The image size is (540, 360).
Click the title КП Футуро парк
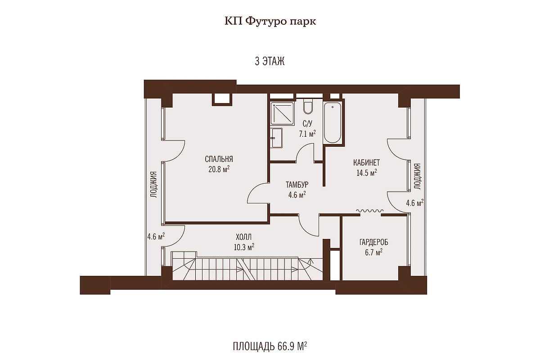270,22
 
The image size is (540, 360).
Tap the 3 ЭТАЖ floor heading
270,61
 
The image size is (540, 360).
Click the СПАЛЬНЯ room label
219,159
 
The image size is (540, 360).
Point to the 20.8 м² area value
219,169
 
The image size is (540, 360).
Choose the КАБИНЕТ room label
366,162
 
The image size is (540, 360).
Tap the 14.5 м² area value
367,173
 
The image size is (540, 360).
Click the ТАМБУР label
297,184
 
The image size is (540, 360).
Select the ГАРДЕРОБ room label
374,242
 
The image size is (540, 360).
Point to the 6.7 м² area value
373,252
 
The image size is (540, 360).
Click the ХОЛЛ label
244,237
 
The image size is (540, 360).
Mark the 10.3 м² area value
244,247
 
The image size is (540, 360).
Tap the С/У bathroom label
307,124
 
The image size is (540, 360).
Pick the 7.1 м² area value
307,134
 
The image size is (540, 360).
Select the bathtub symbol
333,122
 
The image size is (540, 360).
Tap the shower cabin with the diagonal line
282,113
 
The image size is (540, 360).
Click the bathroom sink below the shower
276,138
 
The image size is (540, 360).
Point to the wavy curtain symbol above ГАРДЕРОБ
369,211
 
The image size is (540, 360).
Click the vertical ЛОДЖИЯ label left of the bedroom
154,184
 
